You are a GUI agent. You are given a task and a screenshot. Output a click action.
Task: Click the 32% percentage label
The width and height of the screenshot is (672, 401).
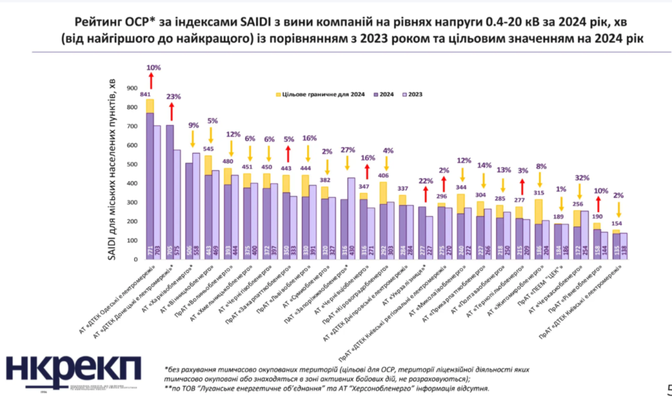click(x=579, y=177)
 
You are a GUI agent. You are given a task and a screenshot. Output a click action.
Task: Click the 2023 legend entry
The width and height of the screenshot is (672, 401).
click(x=411, y=95)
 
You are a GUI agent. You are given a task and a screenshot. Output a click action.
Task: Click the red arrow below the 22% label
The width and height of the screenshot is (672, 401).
click(x=425, y=193)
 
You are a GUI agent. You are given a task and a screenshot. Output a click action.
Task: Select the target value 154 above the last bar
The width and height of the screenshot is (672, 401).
click(x=616, y=223)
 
